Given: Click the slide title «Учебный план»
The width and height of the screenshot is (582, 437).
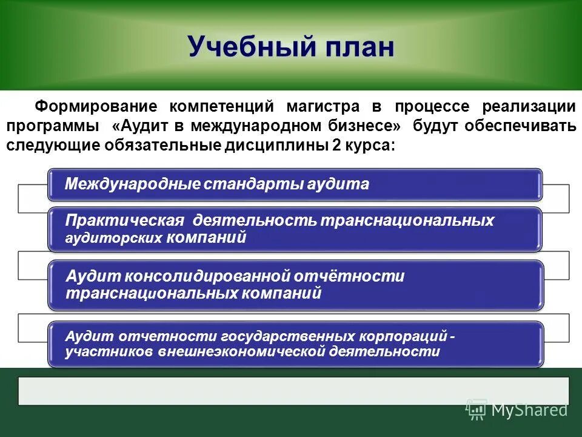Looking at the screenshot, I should point(291,47).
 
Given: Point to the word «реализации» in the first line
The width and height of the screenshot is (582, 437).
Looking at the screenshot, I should point(529,107).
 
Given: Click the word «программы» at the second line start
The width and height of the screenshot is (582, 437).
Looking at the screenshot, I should point(54,126).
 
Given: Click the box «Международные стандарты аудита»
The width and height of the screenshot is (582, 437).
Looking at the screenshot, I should point(295,185).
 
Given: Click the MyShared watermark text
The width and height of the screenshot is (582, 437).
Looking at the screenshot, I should point(529,410).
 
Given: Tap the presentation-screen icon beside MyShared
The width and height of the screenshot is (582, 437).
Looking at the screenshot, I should point(476,410).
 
